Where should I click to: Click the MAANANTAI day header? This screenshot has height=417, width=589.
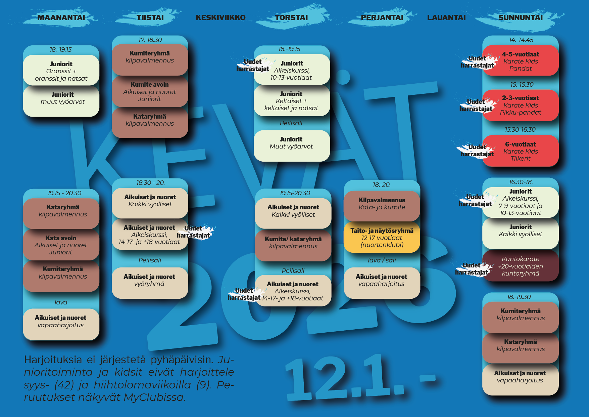[x=61, y=17]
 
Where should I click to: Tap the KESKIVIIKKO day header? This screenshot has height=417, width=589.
[x=220, y=17]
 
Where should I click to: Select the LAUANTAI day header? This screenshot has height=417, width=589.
[x=446, y=17]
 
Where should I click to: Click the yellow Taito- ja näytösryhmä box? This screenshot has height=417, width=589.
[x=382, y=238]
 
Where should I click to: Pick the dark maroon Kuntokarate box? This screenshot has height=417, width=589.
[x=521, y=266]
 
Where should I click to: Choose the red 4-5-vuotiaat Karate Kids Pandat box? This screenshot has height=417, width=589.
[x=521, y=61]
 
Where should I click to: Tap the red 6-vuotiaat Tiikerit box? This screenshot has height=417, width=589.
[x=521, y=151]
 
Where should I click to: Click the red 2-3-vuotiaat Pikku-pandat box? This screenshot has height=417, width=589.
[x=521, y=105]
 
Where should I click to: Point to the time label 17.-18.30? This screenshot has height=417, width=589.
[x=150, y=40]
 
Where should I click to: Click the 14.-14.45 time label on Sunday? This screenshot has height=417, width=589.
[x=521, y=40]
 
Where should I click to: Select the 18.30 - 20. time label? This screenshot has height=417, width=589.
[x=150, y=183]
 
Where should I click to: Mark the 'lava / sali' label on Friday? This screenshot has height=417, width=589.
[x=382, y=260]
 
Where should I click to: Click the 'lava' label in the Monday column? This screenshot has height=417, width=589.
[x=61, y=302]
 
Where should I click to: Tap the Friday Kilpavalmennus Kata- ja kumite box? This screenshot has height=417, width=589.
[x=382, y=204]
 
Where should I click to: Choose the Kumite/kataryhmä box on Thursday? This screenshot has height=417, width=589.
[x=293, y=243]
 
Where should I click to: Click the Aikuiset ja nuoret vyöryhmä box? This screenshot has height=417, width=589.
[x=150, y=280]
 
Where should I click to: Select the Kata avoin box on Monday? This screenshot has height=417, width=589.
[x=61, y=245]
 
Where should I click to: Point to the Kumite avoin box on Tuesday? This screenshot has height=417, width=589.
[x=150, y=92]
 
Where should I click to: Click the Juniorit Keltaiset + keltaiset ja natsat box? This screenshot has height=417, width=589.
[x=291, y=101]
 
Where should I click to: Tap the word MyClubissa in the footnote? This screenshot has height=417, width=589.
[x=154, y=398]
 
